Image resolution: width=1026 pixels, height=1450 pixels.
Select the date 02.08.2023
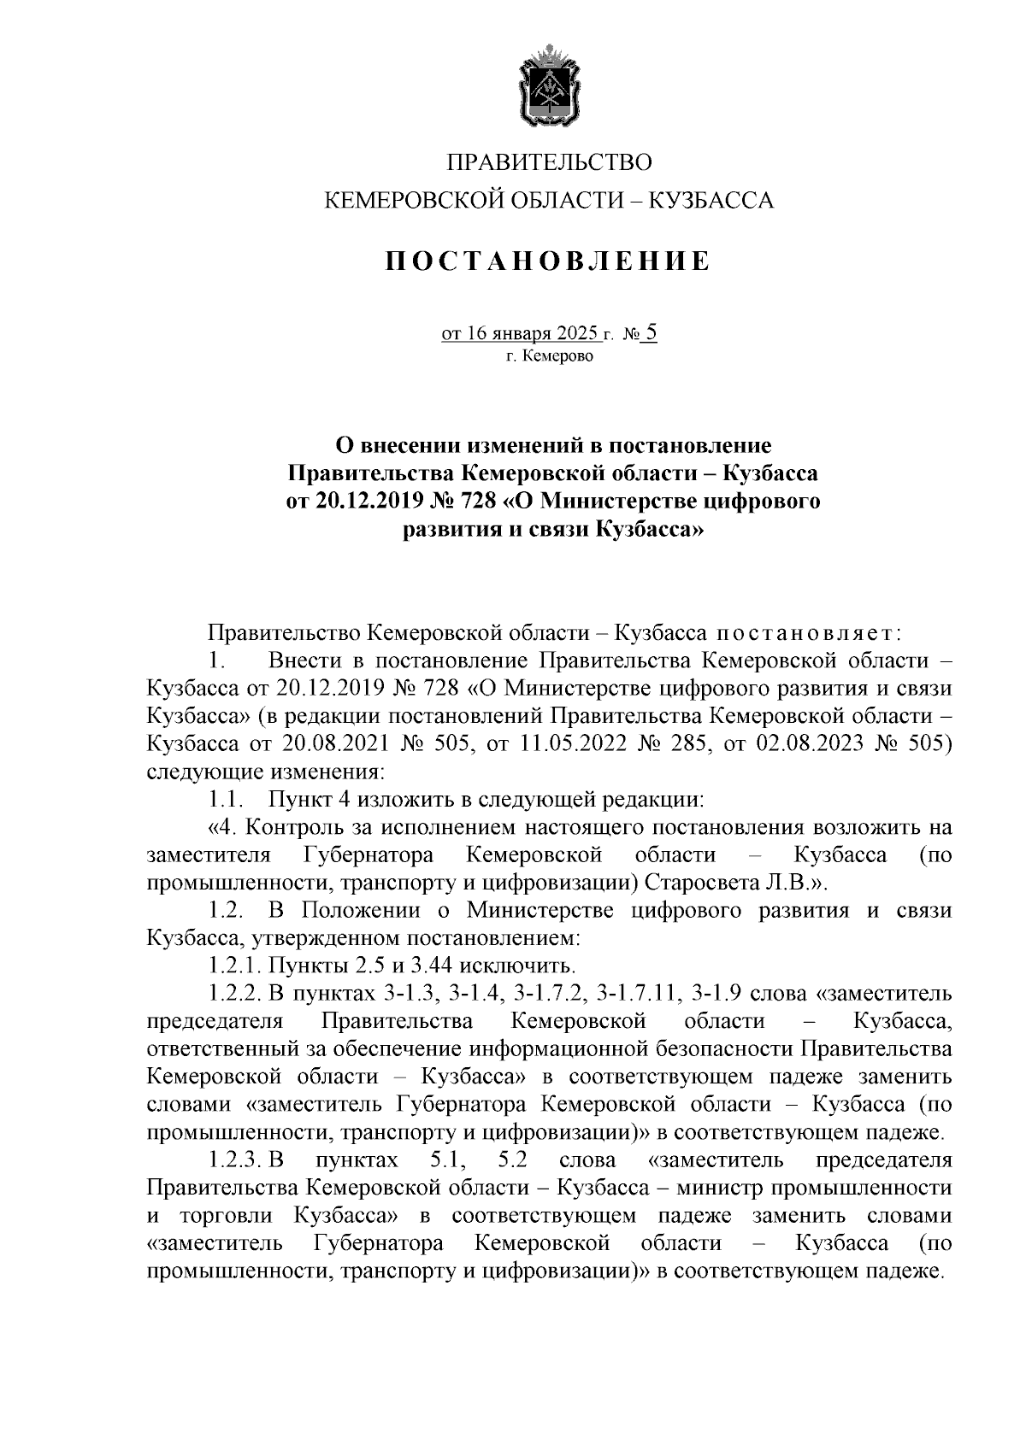(x=811, y=744)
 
